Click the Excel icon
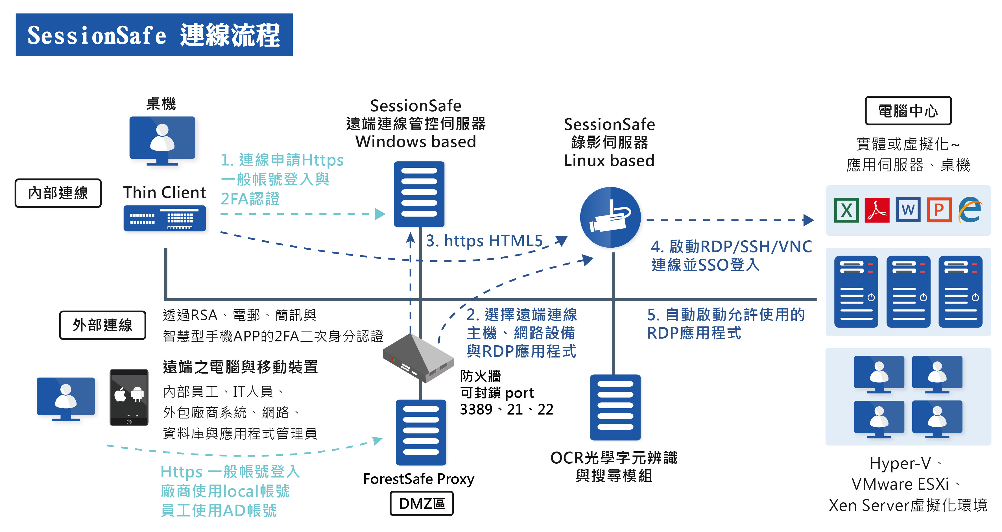pos(846,210)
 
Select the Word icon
pos(908,210)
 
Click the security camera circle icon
pos(610,217)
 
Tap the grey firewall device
pos(418,358)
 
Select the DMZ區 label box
pos(422,503)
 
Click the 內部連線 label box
pos(58,193)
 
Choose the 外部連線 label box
pos(103,325)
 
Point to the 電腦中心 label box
pos(908,111)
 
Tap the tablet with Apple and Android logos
pos(129,397)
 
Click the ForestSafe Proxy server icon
pos(421,432)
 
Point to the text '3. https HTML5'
pos(484,241)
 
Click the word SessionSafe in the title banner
pos(97,35)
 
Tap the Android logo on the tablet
pos(137,394)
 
